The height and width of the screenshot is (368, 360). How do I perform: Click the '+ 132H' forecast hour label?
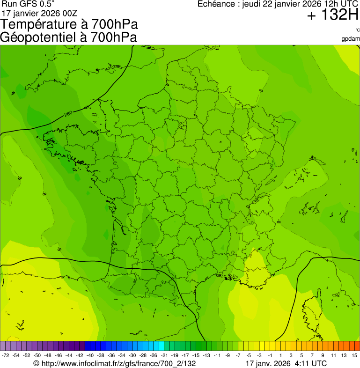332,16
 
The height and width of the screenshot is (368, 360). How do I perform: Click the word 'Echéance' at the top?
217,4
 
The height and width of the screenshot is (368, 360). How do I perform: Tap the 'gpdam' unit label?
351,38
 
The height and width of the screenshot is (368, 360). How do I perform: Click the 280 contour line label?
68,113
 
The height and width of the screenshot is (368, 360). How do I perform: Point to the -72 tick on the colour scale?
5,356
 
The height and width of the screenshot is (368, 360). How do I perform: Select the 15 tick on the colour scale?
355,356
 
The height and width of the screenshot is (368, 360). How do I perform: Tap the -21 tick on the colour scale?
165,356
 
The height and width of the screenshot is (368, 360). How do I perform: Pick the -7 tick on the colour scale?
238,356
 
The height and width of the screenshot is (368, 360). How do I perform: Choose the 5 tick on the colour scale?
302,356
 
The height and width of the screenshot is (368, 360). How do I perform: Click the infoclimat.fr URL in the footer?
115,363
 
